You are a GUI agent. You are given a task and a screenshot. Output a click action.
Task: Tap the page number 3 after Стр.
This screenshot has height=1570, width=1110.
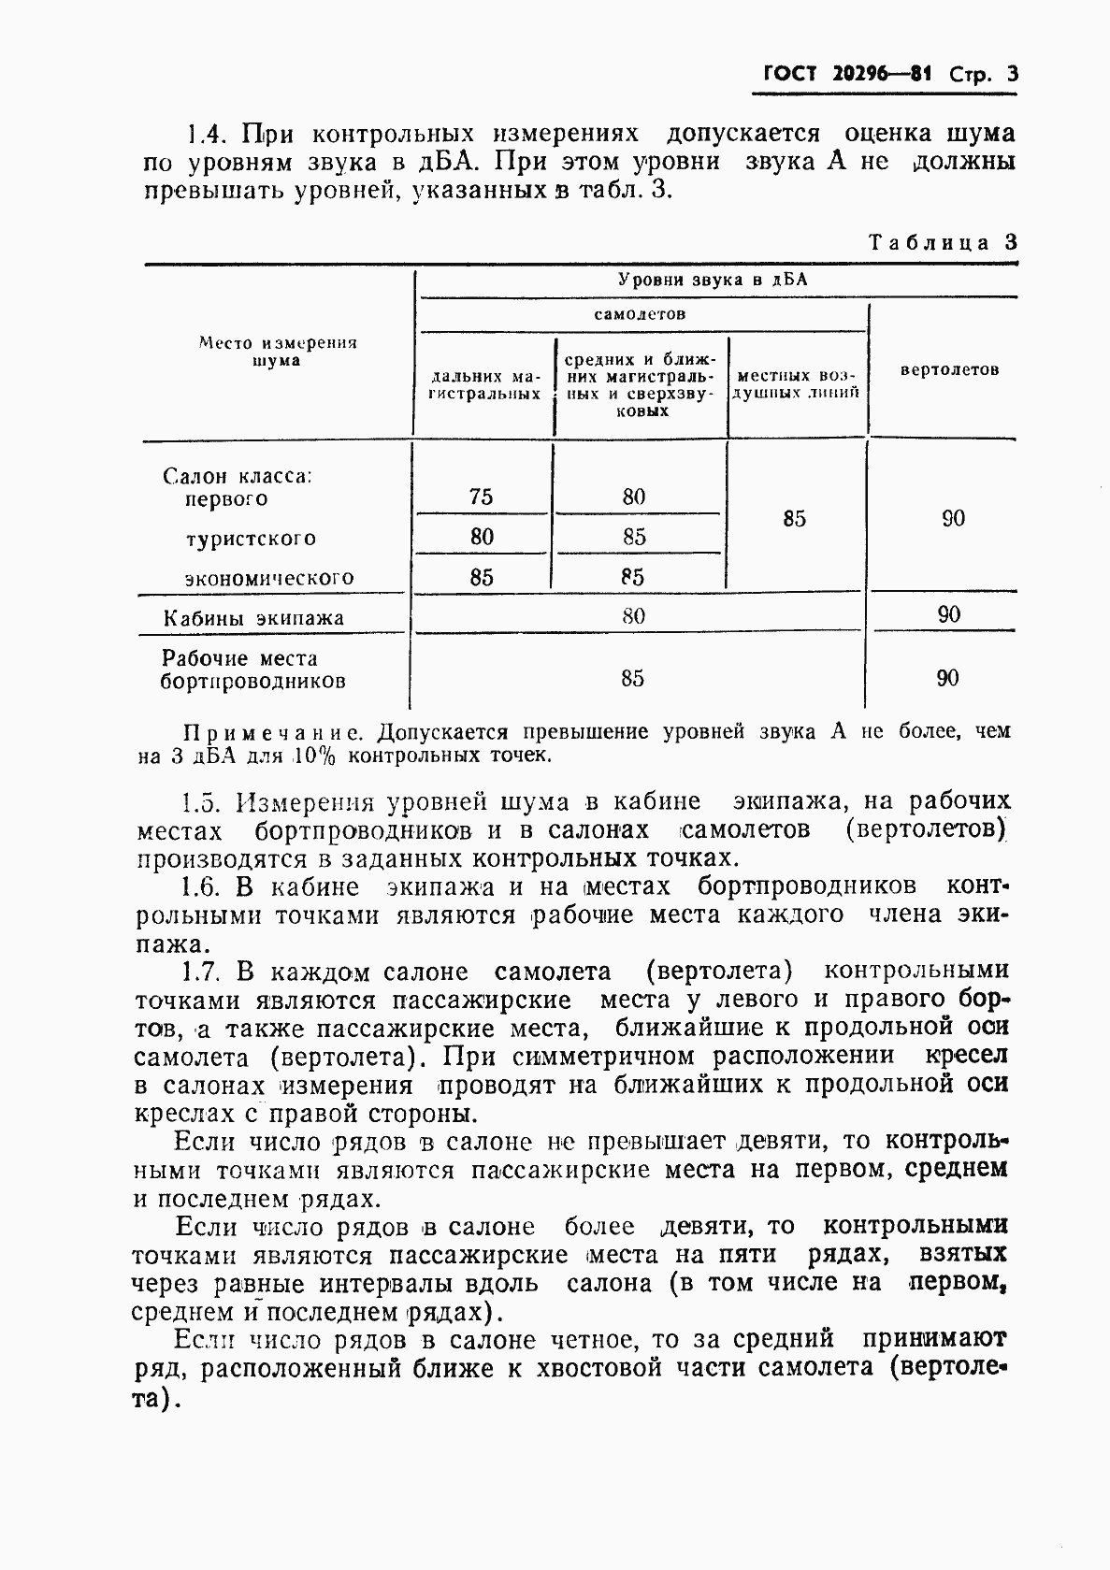tap(1011, 75)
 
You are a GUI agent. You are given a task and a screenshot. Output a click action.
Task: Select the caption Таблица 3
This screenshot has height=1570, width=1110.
tap(942, 242)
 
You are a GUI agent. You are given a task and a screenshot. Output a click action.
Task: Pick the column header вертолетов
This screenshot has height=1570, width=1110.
tap(948, 369)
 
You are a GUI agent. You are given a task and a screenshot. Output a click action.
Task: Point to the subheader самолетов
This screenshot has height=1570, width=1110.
tap(640, 313)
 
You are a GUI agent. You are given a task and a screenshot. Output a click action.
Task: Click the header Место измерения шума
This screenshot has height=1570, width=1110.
tap(278, 352)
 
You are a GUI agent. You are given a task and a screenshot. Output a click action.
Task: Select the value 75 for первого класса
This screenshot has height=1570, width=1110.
tap(481, 497)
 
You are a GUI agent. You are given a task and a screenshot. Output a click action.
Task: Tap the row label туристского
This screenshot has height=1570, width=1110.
tap(251, 539)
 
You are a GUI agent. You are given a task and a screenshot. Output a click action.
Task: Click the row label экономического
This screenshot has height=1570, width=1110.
tap(269, 578)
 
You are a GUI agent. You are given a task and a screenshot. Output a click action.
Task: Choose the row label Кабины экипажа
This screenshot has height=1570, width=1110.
tap(253, 618)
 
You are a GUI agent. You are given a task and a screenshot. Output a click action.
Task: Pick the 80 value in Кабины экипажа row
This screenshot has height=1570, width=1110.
tap(633, 615)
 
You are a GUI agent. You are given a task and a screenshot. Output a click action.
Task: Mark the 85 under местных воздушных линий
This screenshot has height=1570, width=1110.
tap(794, 519)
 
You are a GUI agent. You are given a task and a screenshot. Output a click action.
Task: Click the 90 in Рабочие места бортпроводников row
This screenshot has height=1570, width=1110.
tap(947, 678)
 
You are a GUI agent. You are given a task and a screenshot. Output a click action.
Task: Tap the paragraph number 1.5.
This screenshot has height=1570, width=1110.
tap(199, 802)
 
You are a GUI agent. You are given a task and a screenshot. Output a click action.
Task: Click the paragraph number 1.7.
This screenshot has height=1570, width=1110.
tap(199, 972)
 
